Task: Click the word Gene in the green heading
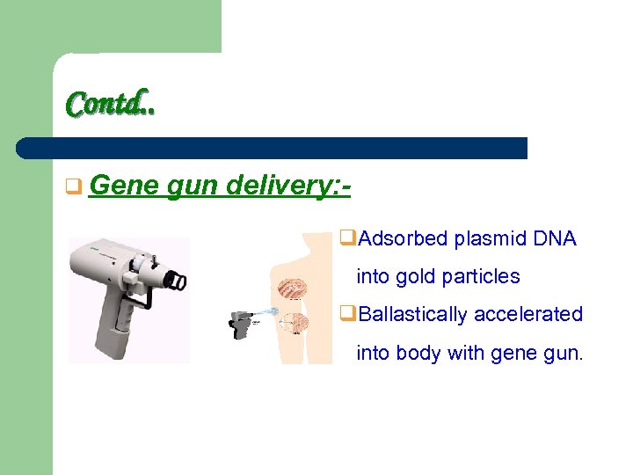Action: [122, 186]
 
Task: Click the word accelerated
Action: [537, 314]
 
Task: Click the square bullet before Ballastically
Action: [346, 315]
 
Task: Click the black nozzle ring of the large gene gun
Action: [178, 280]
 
